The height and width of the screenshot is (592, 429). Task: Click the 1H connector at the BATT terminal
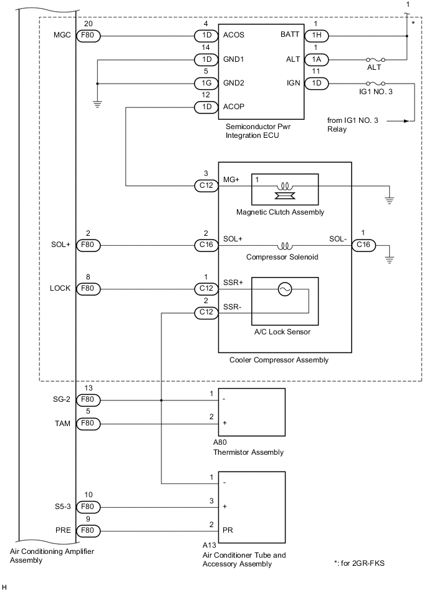pyautogui.click(x=314, y=36)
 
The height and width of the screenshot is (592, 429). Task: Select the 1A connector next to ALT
pyautogui.click(x=314, y=59)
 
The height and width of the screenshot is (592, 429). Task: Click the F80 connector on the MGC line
pyautogui.click(x=87, y=36)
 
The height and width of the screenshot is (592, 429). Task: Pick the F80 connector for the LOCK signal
pyautogui.click(x=87, y=289)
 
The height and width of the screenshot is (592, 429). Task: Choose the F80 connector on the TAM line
pyautogui.click(x=87, y=424)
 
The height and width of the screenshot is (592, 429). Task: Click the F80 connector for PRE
pyautogui.click(x=87, y=530)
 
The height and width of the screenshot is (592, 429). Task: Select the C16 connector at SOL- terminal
pyautogui.click(x=363, y=245)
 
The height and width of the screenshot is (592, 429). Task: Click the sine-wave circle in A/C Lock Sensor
pyautogui.click(x=285, y=289)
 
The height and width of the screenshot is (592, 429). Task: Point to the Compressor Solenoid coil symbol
pyautogui.click(x=285, y=245)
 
